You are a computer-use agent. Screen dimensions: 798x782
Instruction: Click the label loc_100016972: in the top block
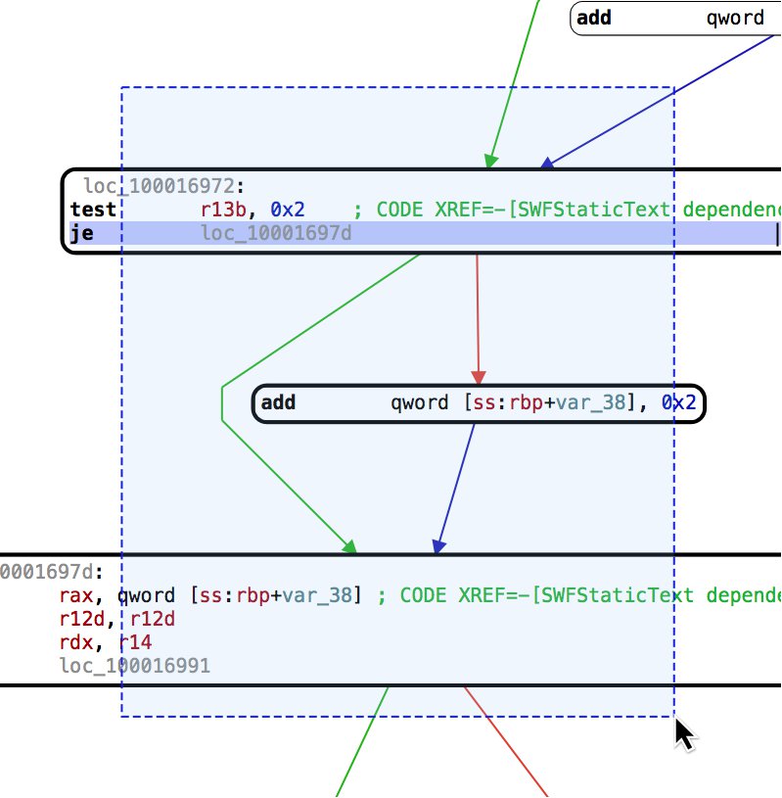[163, 186]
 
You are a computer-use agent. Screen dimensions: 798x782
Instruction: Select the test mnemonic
[93, 210]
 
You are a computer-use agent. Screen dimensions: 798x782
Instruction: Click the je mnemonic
[82, 233]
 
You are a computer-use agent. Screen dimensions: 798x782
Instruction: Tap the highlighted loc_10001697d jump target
[276, 233]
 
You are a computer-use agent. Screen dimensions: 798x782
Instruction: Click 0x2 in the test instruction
[287, 210]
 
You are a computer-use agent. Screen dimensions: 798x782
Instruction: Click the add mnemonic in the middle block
[279, 402]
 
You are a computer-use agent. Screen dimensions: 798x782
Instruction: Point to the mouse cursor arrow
[684, 732]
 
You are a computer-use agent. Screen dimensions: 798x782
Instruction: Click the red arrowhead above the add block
[479, 377]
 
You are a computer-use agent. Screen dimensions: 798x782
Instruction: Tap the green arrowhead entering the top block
[492, 161]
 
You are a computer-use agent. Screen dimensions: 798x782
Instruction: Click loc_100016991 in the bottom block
[134, 668]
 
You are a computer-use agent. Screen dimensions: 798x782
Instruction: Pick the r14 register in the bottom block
[135, 643]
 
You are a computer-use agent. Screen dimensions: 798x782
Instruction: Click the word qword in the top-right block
[735, 18]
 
